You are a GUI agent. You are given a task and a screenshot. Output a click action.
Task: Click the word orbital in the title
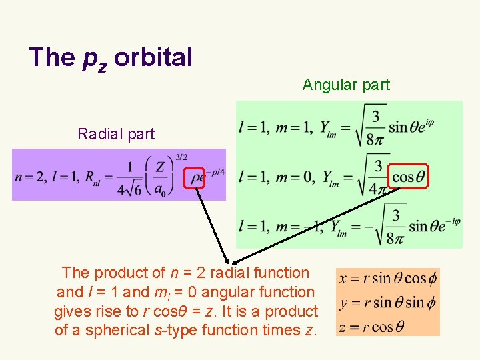coord(153,57)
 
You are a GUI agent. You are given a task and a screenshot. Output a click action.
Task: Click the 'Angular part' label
coord(346,85)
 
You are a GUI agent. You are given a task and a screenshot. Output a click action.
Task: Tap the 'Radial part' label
coord(116,134)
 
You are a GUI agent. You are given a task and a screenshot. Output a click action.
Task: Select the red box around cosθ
coord(408,177)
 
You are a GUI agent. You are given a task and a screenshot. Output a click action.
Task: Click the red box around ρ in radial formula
coord(195,178)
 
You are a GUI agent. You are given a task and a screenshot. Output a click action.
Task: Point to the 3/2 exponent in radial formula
coord(181,157)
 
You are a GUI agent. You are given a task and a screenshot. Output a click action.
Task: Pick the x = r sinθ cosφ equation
coord(387,279)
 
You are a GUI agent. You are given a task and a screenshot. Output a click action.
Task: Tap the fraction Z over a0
coord(159,178)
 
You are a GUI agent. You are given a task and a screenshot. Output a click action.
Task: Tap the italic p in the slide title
coord(89,59)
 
